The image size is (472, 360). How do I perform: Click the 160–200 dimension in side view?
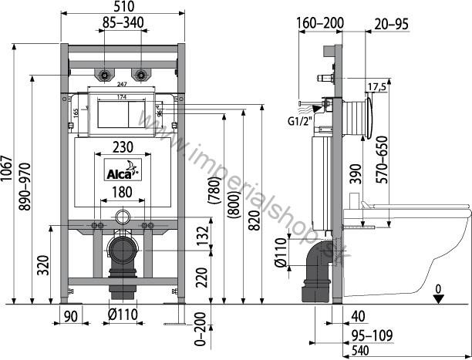click(318, 24)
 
